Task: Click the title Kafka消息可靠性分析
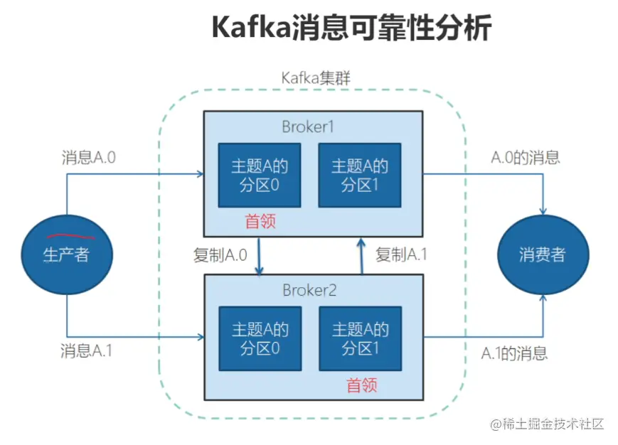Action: click(351, 30)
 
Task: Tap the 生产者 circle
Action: click(67, 254)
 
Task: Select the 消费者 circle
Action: click(543, 254)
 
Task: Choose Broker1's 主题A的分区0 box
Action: click(260, 176)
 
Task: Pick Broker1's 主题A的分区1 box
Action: click(360, 176)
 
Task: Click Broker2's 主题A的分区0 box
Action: click(260, 338)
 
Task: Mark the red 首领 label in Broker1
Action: click(260, 222)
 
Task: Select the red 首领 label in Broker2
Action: click(361, 385)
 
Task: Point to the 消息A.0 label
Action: click(88, 158)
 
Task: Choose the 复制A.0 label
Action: click(220, 254)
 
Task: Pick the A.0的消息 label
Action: click(526, 158)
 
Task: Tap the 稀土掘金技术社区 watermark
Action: click(546, 424)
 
